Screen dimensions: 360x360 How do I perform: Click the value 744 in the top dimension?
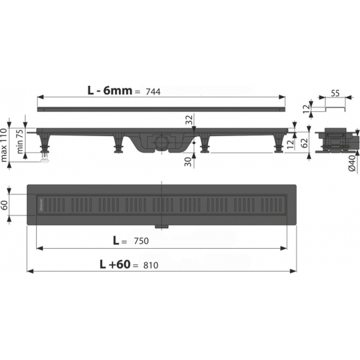(x=153, y=92)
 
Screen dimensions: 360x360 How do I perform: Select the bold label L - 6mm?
(x=110, y=91)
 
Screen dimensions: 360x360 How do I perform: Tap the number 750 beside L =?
(x=141, y=241)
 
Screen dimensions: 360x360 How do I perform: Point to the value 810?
(x=151, y=265)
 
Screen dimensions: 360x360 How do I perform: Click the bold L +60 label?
(x=115, y=264)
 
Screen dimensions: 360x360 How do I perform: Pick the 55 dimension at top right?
(x=335, y=94)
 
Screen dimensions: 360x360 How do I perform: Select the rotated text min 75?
(x=20, y=141)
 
